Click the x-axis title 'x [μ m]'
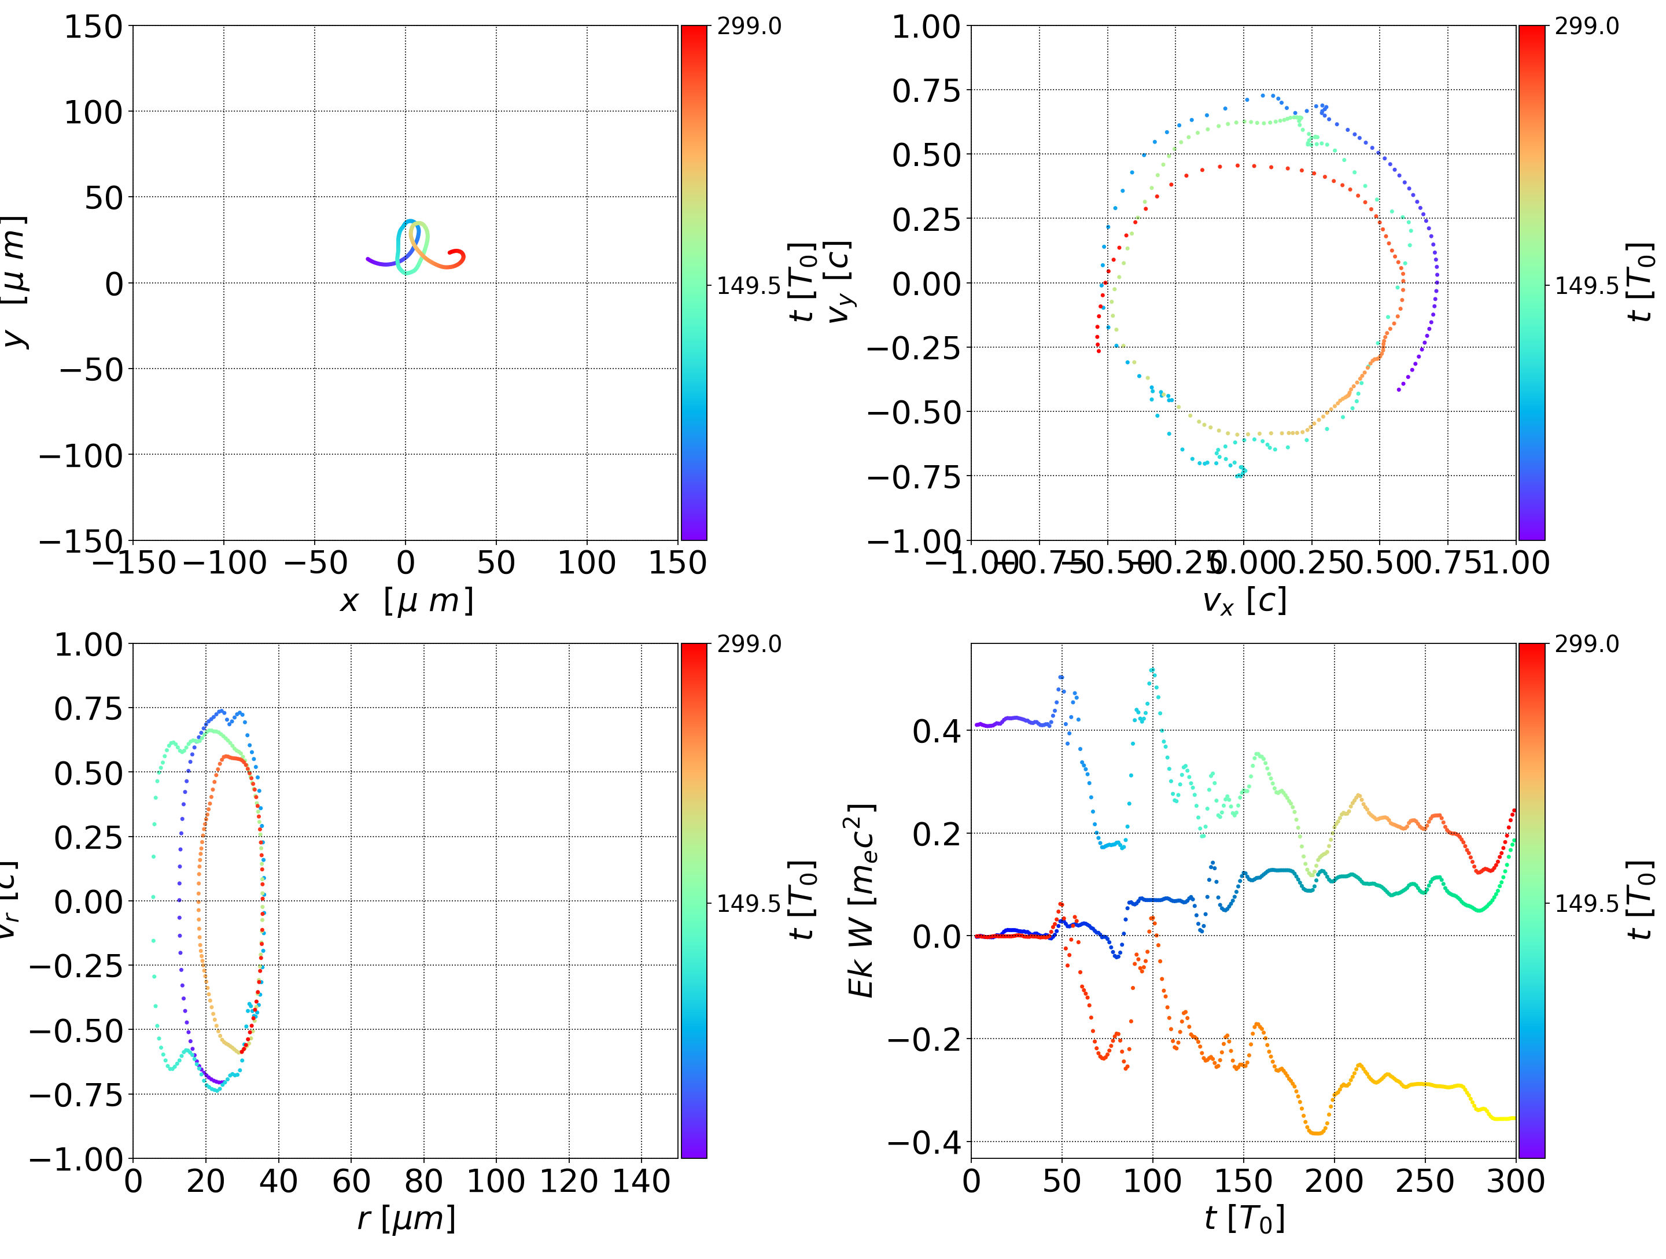[x=406, y=601]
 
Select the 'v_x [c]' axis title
[x=1244, y=601]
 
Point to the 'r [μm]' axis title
[x=406, y=1218]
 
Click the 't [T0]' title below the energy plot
[x=1244, y=1218]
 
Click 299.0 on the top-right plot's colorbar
[x=1586, y=27]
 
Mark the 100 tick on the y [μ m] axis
[x=93, y=112]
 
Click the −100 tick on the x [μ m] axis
[x=224, y=563]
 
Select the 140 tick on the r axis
[x=641, y=1181]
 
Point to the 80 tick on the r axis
[x=423, y=1181]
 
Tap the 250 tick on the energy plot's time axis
[x=1425, y=1181]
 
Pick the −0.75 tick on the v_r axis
[x=75, y=1095]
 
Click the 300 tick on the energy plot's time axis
[x=1516, y=1181]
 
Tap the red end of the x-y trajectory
[x=451, y=252]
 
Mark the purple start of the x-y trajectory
[x=368, y=260]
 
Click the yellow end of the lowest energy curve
[x=1512, y=1118]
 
